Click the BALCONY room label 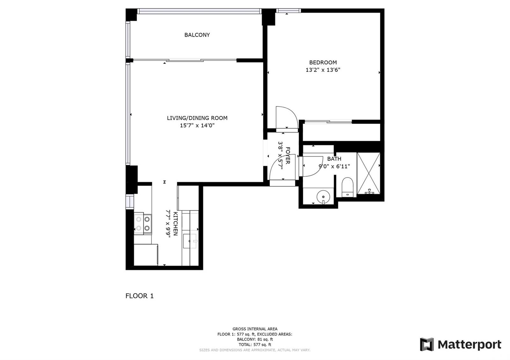tap(197, 35)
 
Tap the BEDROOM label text tap(323, 62)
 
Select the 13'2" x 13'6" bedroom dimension tap(323, 70)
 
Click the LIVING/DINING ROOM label tap(197, 118)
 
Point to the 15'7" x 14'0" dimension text tap(197, 126)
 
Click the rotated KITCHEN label tap(176, 224)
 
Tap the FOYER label tap(288, 155)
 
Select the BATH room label tap(334, 159)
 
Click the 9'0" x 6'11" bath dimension tap(334, 167)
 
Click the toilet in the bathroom tap(347, 187)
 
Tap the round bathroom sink tap(323, 196)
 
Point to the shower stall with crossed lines tap(368, 173)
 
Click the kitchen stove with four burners tap(143, 223)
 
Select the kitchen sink tap(190, 241)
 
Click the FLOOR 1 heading tap(140, 296)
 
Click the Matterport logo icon tap(427, 344)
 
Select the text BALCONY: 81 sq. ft tap(255, 339)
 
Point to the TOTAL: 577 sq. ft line tap(255, 345)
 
